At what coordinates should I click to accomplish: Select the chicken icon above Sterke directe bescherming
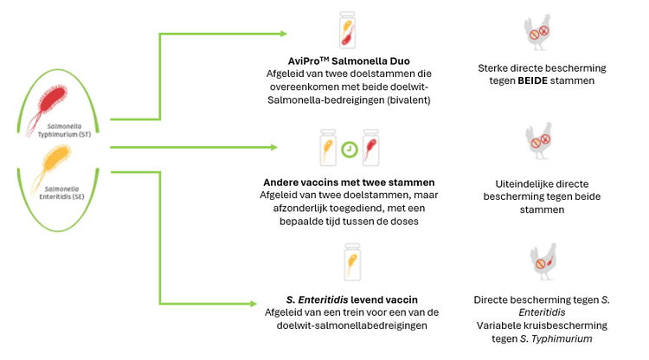pyautogui.click(x=541, y=32)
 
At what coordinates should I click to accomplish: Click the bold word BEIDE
pyautogui.click(x=537, y=80)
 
